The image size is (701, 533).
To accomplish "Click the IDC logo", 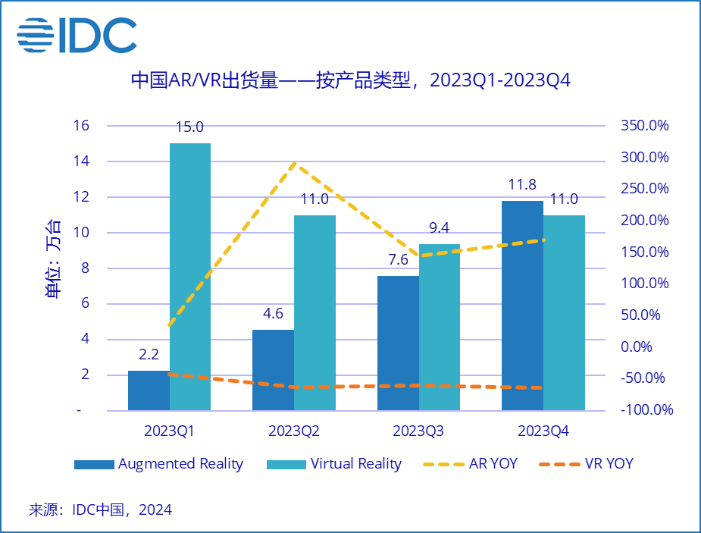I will [x=77, y=35].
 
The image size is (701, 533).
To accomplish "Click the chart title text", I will [x=350, y=80].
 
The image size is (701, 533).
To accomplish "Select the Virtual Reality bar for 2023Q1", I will [x=189, y=277].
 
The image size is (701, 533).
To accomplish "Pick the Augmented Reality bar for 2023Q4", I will [x=522, y=306].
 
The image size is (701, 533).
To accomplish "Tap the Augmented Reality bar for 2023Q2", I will [x=273, y=370].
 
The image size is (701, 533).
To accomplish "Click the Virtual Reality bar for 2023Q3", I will [x=440, y=327].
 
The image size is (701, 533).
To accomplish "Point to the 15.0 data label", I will [x=189, y=127].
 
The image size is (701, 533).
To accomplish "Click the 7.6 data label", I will [x=397, y=259].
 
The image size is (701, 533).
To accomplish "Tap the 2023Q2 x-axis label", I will [x=294, y=431].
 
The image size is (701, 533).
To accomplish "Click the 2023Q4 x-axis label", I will [x=543, y=431].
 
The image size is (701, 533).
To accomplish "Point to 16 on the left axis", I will [x=80, y=125].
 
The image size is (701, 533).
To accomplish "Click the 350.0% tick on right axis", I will [x=643, y=125].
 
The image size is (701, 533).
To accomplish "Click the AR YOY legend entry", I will [x=469, y=463].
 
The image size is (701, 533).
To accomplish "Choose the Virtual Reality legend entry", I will [x=334, y=463].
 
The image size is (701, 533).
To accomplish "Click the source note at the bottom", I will [x=100, y=509].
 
